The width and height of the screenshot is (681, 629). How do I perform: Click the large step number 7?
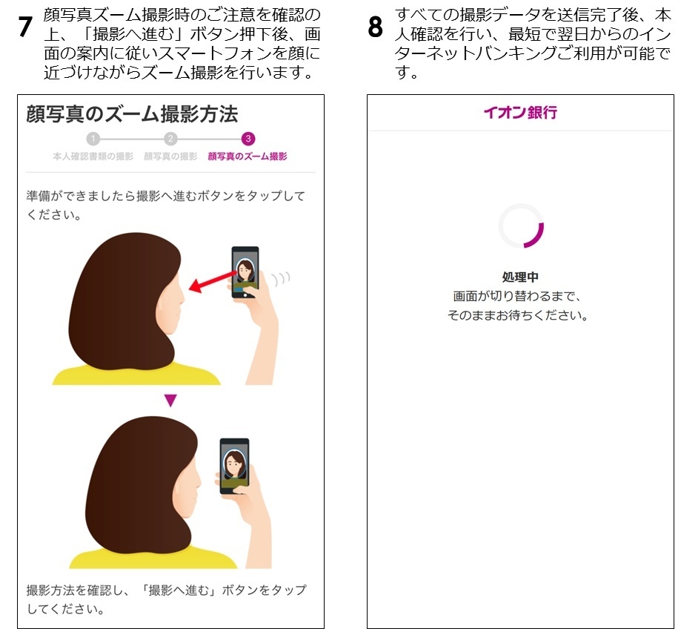(25, 27)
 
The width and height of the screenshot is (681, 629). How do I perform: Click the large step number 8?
(376, 27)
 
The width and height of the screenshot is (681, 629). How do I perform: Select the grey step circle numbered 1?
(92, 139)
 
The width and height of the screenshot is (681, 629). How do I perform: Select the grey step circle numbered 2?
(170, 139)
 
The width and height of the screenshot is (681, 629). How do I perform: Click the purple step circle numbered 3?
(248, 139)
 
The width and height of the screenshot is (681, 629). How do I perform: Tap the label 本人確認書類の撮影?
(93, 157)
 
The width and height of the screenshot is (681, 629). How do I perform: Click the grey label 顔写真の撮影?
(170, 157)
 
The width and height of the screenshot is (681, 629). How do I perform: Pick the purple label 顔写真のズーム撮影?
(248, 157)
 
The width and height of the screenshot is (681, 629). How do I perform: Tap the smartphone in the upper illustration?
(245, 271)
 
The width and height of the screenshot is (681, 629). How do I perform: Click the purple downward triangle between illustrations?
(170, 401)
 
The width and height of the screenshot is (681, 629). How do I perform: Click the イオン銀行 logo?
(520, 113)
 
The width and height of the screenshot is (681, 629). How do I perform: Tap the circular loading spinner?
(521, 226)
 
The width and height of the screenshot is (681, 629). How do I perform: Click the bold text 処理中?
(520, 277)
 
